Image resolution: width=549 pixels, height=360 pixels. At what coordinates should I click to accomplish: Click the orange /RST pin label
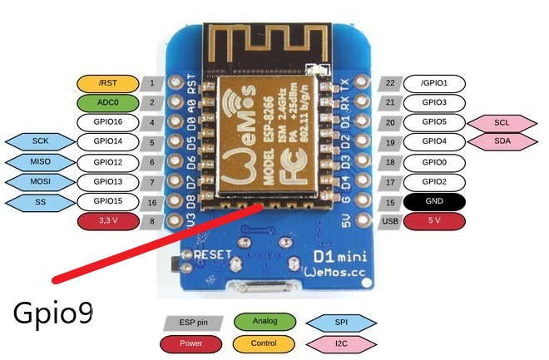(107, 83)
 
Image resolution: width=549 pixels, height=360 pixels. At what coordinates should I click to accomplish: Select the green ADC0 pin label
(107, 103)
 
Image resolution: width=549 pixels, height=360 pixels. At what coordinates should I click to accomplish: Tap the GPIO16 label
(107, 122)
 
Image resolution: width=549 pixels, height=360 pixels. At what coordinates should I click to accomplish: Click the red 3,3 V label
(107, 221)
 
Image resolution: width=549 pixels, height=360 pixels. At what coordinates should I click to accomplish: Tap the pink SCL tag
(502, 122)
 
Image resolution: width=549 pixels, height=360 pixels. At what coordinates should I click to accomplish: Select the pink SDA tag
(502, 141)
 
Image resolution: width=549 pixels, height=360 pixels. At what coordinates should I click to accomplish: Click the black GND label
(434, 201)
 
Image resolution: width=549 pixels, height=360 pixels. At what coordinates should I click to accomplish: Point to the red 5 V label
(434, 221)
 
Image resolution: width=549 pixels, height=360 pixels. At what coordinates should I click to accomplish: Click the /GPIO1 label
(434, 83)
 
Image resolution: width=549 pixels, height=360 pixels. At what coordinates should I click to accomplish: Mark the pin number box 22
(390, 83)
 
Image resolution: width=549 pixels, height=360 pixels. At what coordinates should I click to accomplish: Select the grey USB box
(390, 221)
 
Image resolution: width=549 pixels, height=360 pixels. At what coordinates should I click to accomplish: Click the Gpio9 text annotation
(52, 313)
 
